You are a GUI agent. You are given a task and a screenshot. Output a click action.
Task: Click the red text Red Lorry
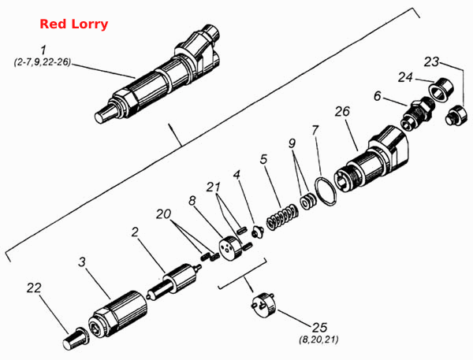click(74, 24)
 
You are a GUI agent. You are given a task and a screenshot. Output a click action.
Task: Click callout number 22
click(34, 288)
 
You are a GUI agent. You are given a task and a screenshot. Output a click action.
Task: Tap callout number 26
click(342, 111)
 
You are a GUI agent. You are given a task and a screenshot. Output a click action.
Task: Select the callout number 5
click(263, 159)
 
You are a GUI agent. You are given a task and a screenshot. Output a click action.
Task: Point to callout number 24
click(405, 77)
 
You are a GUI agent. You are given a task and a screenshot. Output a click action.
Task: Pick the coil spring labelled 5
click(282, 217)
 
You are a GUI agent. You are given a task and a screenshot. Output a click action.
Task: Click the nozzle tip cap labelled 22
click(75, 339)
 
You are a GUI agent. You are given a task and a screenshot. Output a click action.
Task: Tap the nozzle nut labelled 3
click(118, 314)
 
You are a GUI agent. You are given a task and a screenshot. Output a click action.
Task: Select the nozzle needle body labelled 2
click(174, 282)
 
